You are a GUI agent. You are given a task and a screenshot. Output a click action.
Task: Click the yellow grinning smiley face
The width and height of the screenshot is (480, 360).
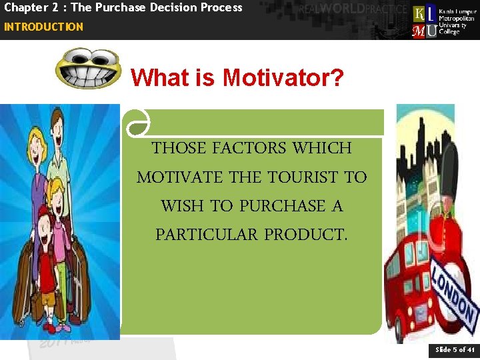pos(88,68)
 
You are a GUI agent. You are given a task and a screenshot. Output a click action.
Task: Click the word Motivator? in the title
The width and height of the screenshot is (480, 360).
pos(283,78)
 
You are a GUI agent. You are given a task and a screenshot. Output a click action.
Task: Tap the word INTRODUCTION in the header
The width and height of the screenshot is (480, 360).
pos(43,27)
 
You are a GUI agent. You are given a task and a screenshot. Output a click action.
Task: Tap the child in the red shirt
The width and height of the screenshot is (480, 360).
pos(47,253)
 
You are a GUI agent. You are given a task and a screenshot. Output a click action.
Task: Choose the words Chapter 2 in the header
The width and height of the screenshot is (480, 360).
pos(29,8)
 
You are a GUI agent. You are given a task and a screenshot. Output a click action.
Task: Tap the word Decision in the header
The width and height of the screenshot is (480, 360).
pos(166,8)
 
